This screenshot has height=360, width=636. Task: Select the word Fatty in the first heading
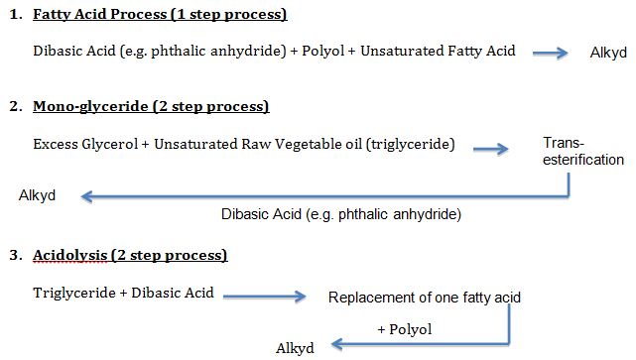pyautogui.click(x=52, y=16)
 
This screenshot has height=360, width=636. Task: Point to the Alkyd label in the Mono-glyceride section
pyautogui.click(x=37, y=195)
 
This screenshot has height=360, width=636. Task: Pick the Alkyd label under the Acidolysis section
pyautogui.click(x=295, y=348)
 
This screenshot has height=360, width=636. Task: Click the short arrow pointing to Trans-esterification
pyautogui.click(x=490, y=149)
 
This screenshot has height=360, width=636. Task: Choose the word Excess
pyautogui.click(x=56, y=145)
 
